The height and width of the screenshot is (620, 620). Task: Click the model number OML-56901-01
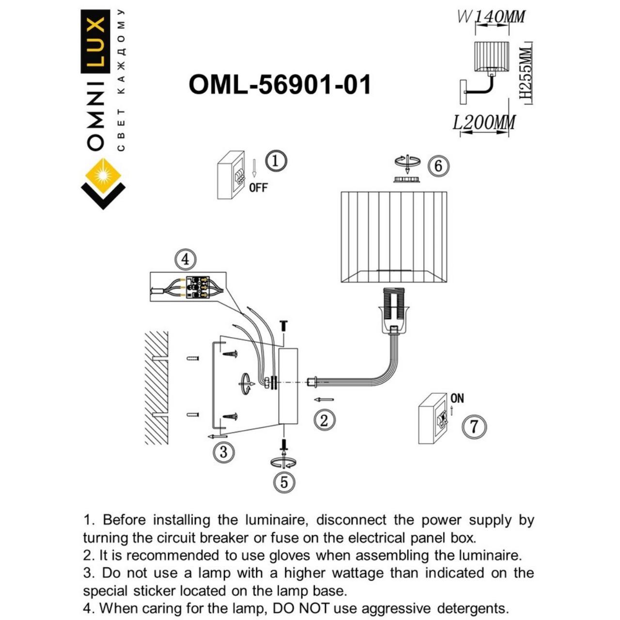[279, 85]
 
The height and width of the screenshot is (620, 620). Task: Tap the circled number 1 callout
[276, 161]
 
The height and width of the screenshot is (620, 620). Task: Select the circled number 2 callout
[324, 419]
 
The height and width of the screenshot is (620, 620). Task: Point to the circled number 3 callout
[223, 452]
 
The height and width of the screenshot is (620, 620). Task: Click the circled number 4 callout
[186, 260]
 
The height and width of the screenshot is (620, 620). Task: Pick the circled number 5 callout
[284, 482]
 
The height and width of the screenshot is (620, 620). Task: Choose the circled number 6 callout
[438, 166]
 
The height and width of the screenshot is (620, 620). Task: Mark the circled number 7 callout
[474, 427]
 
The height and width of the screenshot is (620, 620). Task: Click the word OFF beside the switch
[258, 187]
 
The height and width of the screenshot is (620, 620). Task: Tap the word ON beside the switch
[457, 398]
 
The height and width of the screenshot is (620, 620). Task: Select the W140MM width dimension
[491, 17]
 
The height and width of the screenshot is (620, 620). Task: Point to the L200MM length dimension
[484, 123]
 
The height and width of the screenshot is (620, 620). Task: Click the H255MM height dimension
[526, 73]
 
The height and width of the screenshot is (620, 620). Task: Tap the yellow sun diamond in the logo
[103, 174]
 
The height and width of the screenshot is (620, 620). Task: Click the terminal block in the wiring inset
[197, 287]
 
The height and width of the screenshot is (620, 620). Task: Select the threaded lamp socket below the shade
[394, 310]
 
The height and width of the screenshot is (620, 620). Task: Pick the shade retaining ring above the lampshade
[407, 180]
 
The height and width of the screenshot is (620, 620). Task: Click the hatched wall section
[156, 387]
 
